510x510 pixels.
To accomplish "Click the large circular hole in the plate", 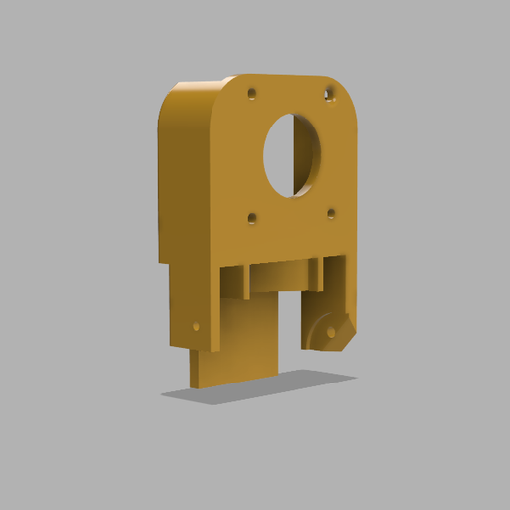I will (294, 152).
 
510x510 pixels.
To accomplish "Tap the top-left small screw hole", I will (251, 95).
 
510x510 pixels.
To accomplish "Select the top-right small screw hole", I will (329, 95).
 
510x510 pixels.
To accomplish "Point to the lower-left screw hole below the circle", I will (252, 217).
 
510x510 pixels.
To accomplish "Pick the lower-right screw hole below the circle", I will (330, 211).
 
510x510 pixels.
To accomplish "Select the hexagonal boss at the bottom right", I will (333, 329).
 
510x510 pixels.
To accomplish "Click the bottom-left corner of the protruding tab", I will (194, 383).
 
